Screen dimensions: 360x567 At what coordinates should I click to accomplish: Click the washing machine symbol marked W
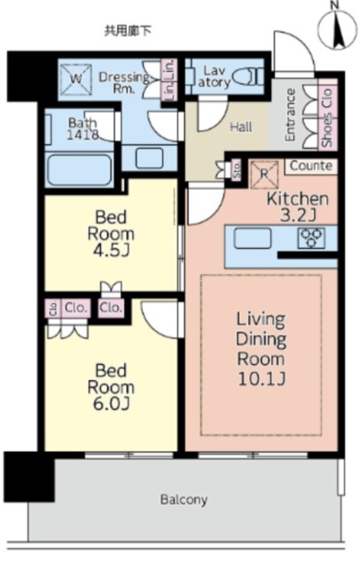[75, 80]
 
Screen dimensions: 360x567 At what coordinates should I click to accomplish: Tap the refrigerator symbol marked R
[264, 175]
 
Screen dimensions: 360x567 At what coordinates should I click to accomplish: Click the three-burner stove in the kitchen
[311, 238]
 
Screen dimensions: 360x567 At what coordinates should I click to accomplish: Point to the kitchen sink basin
[253, 238]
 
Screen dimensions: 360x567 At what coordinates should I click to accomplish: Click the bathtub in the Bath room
[80, 169]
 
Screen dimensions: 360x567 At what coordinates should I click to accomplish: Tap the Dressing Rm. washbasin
[150, 158]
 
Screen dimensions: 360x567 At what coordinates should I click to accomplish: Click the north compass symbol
[338, 27]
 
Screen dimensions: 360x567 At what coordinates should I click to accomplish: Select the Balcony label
[184, 500]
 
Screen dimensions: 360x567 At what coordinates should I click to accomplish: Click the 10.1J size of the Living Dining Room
[262, 378]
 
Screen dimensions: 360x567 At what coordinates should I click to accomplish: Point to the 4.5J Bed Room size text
[111, 251]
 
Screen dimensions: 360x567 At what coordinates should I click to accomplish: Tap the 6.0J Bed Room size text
[111, 404]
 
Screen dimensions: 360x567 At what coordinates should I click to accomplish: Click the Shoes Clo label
[327, 118]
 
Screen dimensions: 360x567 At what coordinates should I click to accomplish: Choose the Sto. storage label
[237, 169]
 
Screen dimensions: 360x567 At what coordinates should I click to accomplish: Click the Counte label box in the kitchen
[311, 166]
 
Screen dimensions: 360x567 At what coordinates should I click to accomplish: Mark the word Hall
[241, 127]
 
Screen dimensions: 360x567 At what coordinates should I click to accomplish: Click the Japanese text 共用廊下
[128, 31]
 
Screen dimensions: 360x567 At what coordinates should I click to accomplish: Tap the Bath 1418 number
[82, 135]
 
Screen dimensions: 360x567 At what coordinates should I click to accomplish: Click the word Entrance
[290, 115]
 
